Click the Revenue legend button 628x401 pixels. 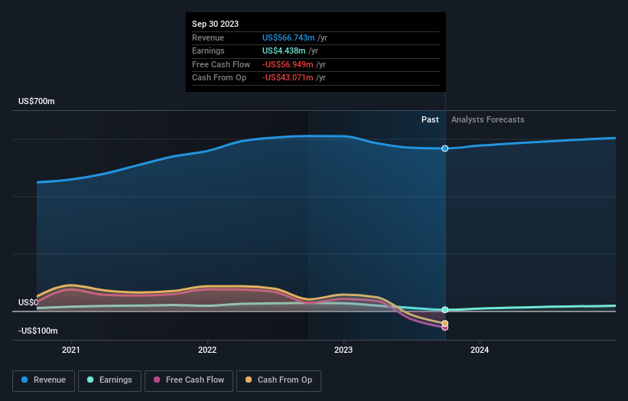44,380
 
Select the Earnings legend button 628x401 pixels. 110,380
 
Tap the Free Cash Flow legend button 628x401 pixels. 187,380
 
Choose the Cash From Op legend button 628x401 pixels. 278,380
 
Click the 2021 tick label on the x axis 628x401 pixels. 71,350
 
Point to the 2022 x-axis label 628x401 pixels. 207,350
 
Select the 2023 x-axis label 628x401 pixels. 343,350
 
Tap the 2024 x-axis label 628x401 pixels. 480,350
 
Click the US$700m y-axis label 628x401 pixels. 37,102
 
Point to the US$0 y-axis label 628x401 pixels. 29,302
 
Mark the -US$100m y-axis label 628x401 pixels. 37,331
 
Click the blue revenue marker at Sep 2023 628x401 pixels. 445,148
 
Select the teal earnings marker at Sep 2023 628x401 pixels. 445,310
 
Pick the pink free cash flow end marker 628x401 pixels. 445,327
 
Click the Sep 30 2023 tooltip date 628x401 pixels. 215,24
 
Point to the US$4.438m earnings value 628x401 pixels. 288,51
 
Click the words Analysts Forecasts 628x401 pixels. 488,119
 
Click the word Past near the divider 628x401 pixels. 430,119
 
